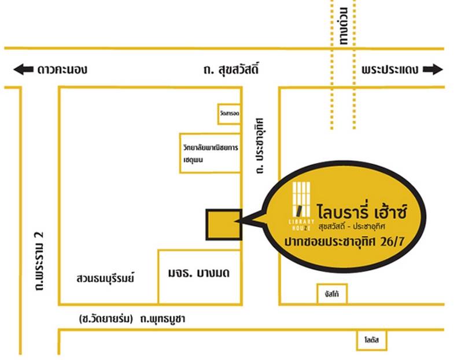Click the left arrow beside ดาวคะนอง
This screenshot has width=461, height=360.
[x=24, y=70]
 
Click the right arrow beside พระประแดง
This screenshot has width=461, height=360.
[x=433, y=70]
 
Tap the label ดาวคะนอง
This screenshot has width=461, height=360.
[x=62, y=70]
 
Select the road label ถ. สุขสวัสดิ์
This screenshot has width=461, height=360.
[x=230, y=70]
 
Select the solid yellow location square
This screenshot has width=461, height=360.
[x=224, y=224]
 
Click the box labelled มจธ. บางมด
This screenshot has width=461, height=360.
[x=200, y=273]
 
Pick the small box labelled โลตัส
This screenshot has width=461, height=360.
[x=368, y=341]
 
